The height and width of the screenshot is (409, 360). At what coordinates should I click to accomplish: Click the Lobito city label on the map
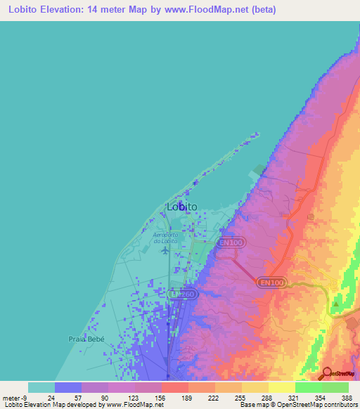point(182,207)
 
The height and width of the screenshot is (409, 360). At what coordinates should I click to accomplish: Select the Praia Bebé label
point(86,338)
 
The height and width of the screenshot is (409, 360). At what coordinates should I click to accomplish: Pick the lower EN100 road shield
point(272,283)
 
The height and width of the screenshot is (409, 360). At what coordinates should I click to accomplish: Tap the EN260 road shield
point(184,294)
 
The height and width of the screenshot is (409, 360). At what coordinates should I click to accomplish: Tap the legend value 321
point(282,397)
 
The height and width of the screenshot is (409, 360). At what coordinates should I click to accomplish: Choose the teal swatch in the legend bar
point(41,387)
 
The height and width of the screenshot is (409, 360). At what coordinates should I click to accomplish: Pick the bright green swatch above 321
point(308,387)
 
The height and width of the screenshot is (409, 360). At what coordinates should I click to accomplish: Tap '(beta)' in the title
point(261,10)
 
